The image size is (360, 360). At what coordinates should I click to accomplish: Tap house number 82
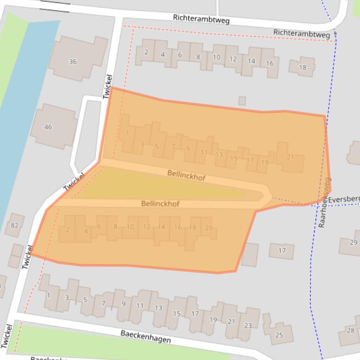click(x=14, y=225)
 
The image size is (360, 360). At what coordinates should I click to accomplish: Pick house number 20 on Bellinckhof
click(x=209, y=228)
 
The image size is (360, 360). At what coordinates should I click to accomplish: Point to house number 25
click(x=279, y=335)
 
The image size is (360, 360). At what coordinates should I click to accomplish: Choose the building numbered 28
click(x=350, y=331)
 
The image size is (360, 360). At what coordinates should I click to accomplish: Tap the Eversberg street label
click(x=344, y=200)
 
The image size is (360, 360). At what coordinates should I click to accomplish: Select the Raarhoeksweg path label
click(x=324, y=202)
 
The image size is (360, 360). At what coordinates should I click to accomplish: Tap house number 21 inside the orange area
click(x=290, y=158)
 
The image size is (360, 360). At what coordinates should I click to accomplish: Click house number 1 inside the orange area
click(x=127, y=134)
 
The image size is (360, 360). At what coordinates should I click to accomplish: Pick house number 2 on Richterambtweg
click(x=146, y=52)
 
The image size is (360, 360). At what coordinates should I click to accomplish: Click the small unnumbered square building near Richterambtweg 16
click(x=242, y=101)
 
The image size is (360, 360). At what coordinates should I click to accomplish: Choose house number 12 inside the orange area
click(x=147, y=227)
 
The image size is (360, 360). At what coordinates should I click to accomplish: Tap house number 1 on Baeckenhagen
click(x=48, y=295)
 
